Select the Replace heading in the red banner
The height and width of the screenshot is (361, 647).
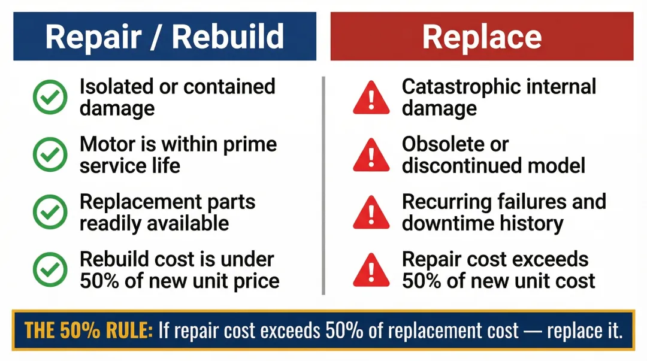(x=482, y=37)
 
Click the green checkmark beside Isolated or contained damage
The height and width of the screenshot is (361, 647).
(x=50, y=98)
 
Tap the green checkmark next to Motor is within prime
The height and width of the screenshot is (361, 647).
(x=50, y=155)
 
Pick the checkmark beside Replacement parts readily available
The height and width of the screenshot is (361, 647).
(x=50, y=213)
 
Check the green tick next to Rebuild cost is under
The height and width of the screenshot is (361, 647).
(x=50, y=270)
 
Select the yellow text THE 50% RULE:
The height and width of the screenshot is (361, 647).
(x=89, y=330)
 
